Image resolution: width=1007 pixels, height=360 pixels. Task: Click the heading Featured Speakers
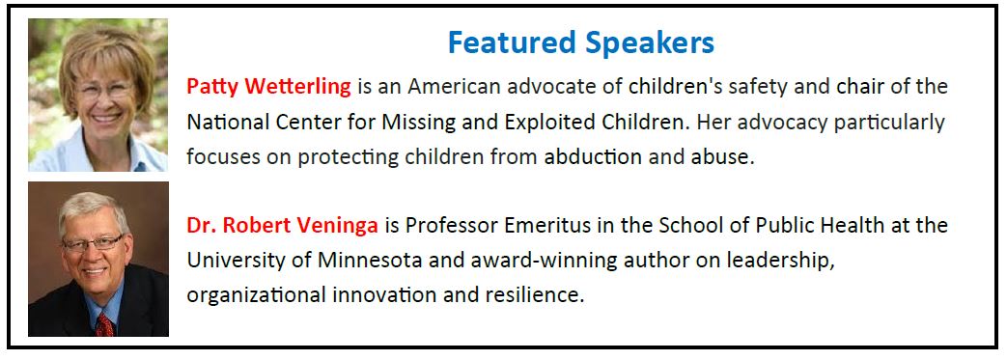click(x=580, y=43)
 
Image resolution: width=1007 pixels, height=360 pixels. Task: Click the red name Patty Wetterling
click(x=269, y=87)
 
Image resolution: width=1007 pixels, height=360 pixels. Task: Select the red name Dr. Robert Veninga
click(x=283, y=226)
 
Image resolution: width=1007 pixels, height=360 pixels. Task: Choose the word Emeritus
click(x=552, y=226)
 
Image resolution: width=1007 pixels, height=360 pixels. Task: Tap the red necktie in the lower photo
click(x=104, y=324)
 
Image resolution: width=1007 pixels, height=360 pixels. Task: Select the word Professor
click(x=452, y=226)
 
